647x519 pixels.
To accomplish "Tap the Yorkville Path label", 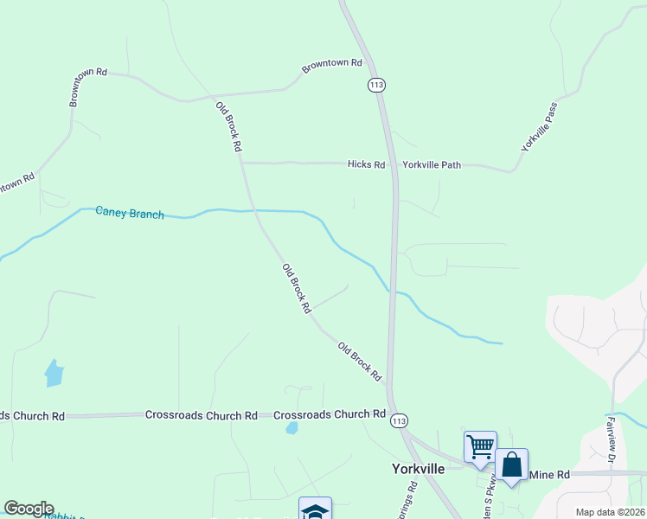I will (432, 163).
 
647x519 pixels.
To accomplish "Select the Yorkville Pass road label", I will (539, 127).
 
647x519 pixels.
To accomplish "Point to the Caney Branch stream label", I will (129, 212).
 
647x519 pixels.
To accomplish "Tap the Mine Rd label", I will (549, 475).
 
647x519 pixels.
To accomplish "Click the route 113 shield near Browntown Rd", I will (376, 85).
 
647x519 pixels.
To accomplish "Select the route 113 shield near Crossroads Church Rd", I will (398, 420).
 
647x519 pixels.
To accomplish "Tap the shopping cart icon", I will (480, 446).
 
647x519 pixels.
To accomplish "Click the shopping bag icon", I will (511, 465).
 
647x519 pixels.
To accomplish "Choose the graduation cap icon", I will (315, 509).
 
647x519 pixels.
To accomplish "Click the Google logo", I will (29, 509).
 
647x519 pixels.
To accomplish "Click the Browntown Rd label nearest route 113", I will (331, 66).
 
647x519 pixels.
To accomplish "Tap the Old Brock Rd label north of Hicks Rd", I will (228, 126).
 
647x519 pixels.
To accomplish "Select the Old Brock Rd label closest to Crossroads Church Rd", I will (360, 362).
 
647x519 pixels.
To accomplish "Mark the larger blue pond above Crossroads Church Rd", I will (54, 373).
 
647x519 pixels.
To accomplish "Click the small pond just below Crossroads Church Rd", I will (292, 427).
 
